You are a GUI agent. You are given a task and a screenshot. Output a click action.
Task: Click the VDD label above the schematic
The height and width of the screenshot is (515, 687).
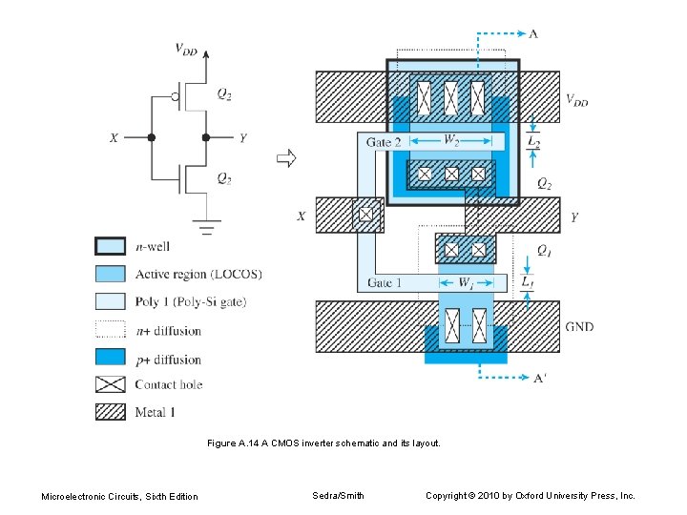185,51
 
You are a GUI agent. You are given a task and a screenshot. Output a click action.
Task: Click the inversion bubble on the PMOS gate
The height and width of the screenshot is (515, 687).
176,96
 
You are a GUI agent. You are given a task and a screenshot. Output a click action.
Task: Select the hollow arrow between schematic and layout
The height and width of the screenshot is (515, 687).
285,157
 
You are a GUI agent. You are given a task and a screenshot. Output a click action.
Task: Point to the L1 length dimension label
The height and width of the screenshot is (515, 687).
528,283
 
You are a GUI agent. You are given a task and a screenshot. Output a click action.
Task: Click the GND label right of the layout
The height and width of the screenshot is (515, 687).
578,326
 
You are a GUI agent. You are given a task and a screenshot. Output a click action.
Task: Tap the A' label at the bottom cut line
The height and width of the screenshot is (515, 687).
540,378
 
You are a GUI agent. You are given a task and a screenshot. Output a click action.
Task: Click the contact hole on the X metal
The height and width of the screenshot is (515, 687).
364,216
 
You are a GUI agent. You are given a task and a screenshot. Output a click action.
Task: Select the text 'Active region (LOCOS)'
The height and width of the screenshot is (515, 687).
198,275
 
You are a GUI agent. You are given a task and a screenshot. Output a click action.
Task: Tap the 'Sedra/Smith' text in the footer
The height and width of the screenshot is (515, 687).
338,495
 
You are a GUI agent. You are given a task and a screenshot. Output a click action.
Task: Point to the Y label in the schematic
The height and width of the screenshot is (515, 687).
242,138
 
